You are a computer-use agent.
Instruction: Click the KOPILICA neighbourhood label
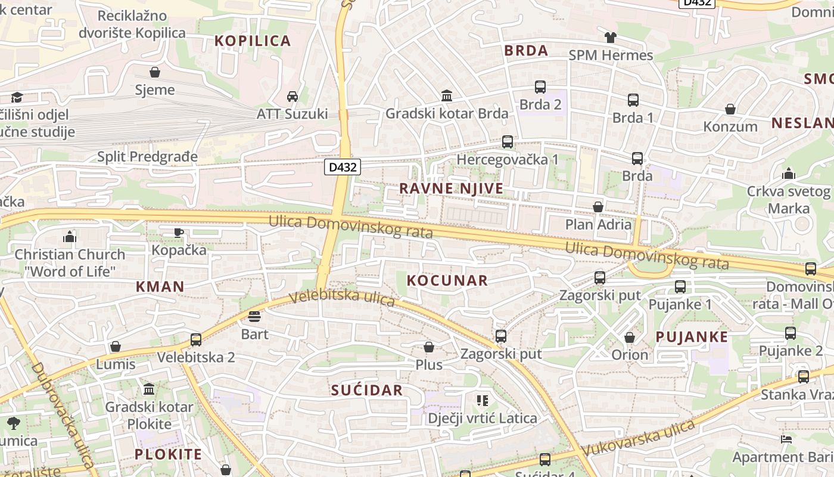253,41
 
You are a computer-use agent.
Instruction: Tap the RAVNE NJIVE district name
451,188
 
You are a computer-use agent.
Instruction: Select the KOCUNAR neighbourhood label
447,280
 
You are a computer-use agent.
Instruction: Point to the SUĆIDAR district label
367,391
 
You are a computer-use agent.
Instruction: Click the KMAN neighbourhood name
160,286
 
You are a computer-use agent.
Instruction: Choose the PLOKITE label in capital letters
168,454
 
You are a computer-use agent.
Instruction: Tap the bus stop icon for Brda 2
540,87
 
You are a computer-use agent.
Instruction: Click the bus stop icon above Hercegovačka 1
508,142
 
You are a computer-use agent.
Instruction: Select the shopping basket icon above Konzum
730,109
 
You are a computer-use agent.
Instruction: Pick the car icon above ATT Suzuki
292,96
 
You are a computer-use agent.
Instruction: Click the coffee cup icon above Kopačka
178,233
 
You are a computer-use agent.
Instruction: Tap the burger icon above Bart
254,317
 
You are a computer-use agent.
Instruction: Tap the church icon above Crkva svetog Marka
789,174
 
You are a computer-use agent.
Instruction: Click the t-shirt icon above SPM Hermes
611,38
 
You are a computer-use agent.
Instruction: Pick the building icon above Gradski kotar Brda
447,95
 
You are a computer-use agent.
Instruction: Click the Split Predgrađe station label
147,157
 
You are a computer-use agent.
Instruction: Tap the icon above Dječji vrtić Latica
483,400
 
